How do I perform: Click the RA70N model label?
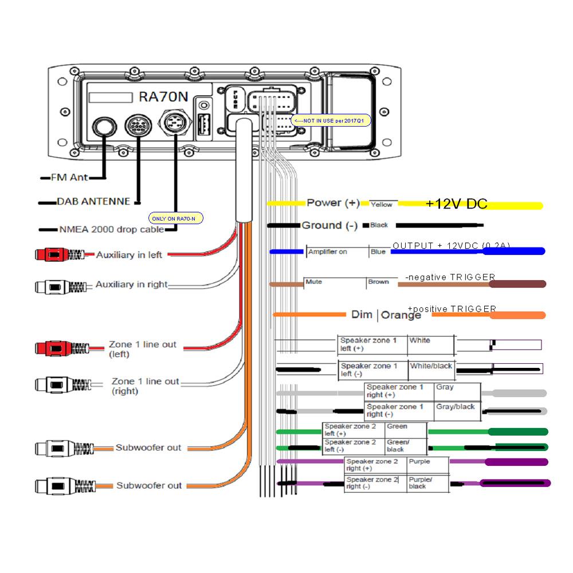[163, 97]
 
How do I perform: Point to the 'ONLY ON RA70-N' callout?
[176, 218]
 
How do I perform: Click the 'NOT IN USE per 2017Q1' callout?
[331, 121]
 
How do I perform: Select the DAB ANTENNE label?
[93, 202]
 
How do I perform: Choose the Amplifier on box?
[335, 252]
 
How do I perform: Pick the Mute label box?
[334, 282]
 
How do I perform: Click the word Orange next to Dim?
[401, 315]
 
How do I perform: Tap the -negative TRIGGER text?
[450, 277]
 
